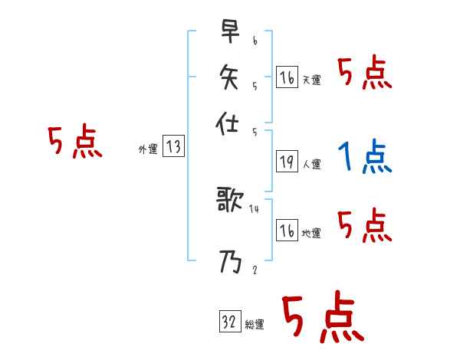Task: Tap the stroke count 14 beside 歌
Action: coord(254,208)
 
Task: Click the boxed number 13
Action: coord(173,147)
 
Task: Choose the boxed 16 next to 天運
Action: coord(287,77)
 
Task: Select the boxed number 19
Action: coord(287,162)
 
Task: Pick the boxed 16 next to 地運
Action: coord(287,231)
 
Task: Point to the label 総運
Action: coord(255,325)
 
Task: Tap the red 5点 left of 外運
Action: coord(74,143)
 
